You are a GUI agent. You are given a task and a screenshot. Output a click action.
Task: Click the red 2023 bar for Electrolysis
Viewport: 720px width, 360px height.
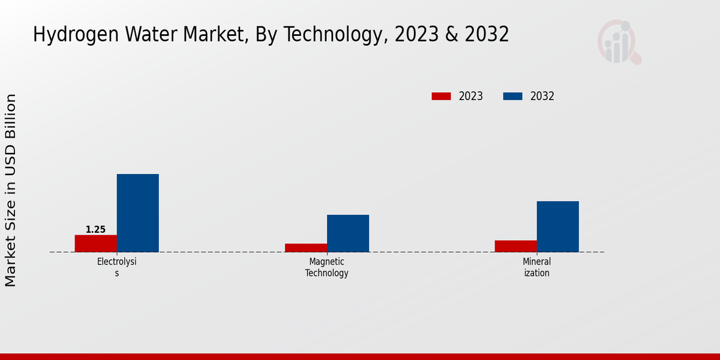pyautogui.click(x=95, y=244)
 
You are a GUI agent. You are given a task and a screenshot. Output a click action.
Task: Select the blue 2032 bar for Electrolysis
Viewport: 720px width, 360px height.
pyautogui.click(x=137, y=213)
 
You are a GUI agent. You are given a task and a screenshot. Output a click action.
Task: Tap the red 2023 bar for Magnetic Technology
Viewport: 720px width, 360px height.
pyautogui.click(x=305, y=248)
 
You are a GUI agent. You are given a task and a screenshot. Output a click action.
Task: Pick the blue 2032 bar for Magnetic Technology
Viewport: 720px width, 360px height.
pyautogui.click(x=347, y=233)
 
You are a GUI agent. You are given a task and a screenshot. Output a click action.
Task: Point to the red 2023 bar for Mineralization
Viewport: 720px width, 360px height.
pyautogui.click(x=515, y=246)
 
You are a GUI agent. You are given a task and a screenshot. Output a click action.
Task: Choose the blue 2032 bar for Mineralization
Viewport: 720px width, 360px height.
pyautogui.click(x=557, y=226)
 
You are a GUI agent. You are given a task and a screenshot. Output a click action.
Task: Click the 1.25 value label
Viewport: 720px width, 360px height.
pyautogui.click(x=95, y=230)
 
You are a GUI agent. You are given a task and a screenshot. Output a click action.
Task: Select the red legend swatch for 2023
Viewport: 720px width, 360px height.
pyautogui.click(x=441, y=96)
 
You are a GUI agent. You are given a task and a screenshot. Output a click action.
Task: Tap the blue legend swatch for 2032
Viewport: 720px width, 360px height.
pyautogui.click(x=512, y=96)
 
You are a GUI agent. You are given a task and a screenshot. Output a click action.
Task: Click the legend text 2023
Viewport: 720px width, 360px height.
pyautogui.click(x=471, y=96)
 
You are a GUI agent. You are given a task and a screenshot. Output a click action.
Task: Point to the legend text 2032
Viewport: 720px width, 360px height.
pyautogui.click(x=542, y=96)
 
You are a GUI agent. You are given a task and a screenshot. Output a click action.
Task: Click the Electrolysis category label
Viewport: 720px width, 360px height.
pyautogui.click(x=117, y=267)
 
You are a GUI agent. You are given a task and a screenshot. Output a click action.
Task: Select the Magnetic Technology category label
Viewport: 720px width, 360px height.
pyautogui.click(x=326, y=267)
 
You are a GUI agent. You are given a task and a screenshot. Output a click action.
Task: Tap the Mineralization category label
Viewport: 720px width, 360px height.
pyautogui.click(x=536, y=267)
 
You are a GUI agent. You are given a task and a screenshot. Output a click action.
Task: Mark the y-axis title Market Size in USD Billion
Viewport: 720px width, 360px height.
pyautogui.click(x=11, y=190)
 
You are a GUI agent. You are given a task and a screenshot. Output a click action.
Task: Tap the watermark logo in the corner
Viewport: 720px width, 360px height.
pyautogui.click(x=619, y=42)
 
